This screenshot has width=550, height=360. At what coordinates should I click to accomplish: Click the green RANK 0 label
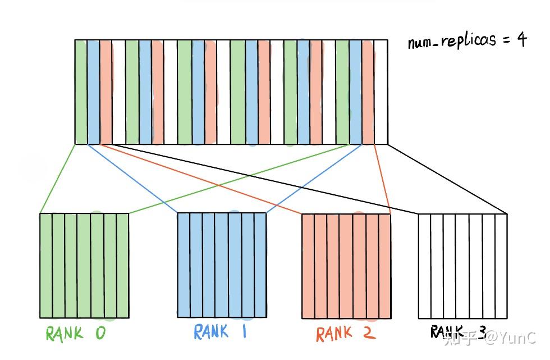click(75, 334)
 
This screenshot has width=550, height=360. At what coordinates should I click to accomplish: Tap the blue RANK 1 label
click(220, 331)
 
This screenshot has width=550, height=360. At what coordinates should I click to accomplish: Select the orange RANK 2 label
click(345, 334)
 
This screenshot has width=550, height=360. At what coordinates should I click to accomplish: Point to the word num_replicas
click(452, 41)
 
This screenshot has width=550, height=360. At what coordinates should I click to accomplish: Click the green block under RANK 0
click(84, 265)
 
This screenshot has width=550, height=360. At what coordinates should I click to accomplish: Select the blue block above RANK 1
click(222, 265)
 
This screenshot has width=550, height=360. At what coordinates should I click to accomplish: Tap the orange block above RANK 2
click(346, 265)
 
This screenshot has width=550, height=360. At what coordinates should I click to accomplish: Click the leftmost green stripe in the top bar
click(81, 92)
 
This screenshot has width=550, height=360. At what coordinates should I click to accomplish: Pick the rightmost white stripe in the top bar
click(381, 92)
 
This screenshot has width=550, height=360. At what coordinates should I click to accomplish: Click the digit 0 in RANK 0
click(99, 334)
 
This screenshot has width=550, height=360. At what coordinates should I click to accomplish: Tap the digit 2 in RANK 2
click(368, 334)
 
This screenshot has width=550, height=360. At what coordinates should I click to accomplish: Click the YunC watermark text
click(511, 338)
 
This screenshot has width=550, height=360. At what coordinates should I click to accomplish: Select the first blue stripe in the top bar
click(93, 92)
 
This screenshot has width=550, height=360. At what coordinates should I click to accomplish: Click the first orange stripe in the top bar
click(106, 92)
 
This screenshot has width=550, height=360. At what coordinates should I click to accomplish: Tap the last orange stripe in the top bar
click(368, 92)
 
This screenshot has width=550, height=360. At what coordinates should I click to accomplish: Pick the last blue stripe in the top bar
click(355, 92)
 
